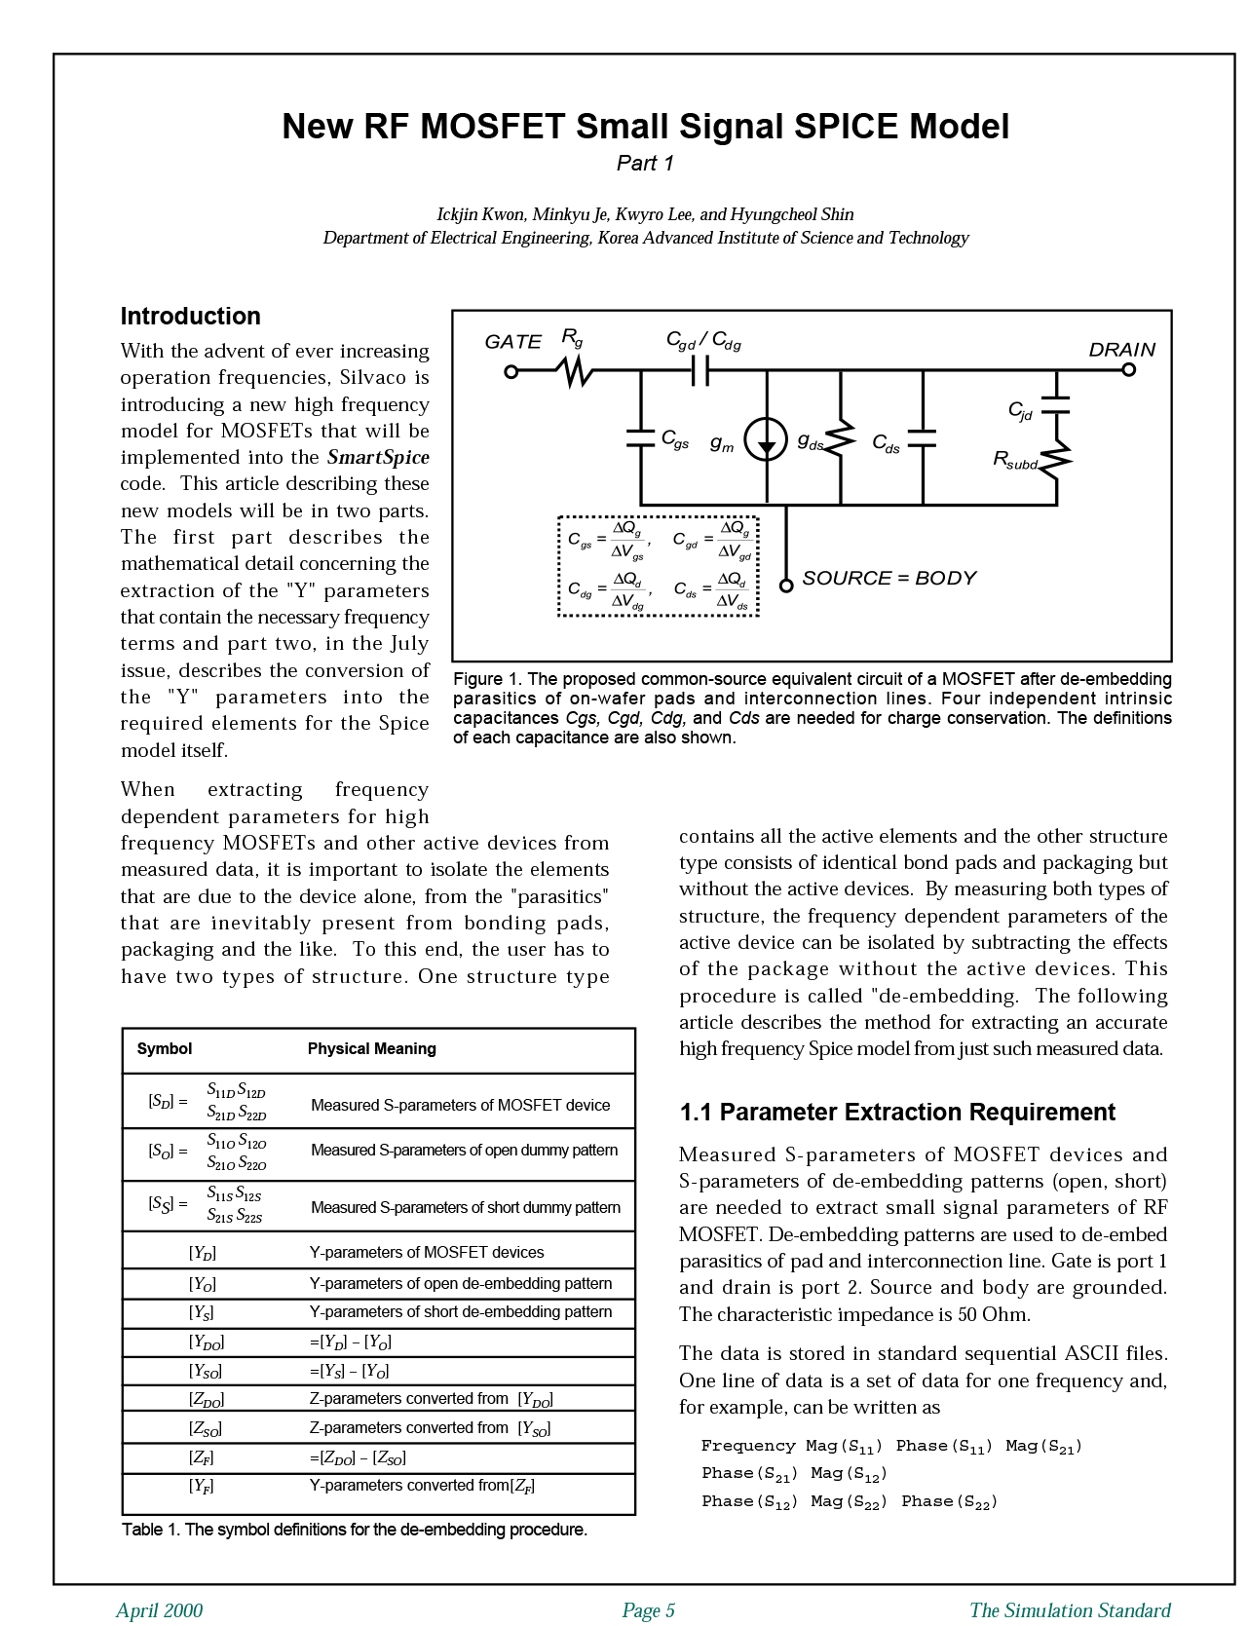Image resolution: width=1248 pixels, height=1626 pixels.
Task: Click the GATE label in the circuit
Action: [512, 342]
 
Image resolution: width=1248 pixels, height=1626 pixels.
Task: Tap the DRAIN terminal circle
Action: [1128, 370]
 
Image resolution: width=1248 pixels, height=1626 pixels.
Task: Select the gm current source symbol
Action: [767, 439]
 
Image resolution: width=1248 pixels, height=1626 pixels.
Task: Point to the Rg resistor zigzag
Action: [575, 371]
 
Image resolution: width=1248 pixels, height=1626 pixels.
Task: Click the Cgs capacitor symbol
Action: [640, 437]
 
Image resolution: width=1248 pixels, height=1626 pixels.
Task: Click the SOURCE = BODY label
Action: [889, 579]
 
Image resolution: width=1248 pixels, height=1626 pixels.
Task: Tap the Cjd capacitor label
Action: [1020, 410]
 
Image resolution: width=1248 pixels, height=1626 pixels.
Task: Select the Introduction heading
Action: [190, 317]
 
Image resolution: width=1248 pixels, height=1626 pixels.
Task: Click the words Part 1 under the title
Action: [645, 164]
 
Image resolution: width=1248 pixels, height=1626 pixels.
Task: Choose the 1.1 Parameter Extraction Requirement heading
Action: [896, 1113]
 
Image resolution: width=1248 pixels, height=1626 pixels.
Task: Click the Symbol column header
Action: [165, 1049]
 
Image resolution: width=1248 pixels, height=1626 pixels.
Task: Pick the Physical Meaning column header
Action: [371, 1049]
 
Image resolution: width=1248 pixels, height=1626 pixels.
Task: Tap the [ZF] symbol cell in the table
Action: [202, 1458]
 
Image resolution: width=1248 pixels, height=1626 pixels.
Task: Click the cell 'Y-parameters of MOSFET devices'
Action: [426, 1253]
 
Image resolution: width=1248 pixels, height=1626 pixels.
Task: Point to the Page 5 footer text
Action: [648, 1610]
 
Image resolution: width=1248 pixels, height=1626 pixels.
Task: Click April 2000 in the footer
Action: [159, 1610]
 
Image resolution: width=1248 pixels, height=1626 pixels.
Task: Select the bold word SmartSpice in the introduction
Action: [378, 458]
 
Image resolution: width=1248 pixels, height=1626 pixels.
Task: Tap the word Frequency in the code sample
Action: [748, 1446]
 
